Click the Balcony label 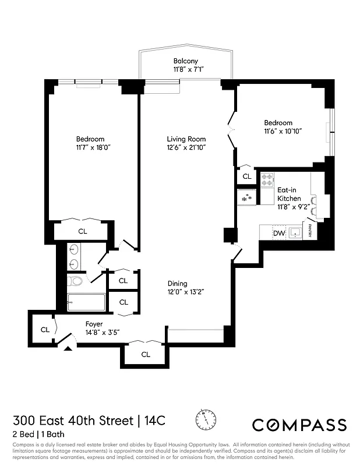tap(185, 61)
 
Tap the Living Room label tap(186, 139)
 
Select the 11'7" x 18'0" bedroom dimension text tap(90, 147)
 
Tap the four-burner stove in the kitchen tap(267, 179)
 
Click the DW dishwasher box tap(278, 234)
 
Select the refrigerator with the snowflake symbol tap(246, 198)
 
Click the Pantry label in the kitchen tap(310, 231)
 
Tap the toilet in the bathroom tap(76, 282)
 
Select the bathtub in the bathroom tap(86, 302)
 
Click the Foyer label tap(94, 324)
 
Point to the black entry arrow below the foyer tap(69, 348)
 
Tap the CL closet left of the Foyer tap(45, 330)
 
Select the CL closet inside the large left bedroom tap(83, 231)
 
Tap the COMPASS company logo tap(299, 425)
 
